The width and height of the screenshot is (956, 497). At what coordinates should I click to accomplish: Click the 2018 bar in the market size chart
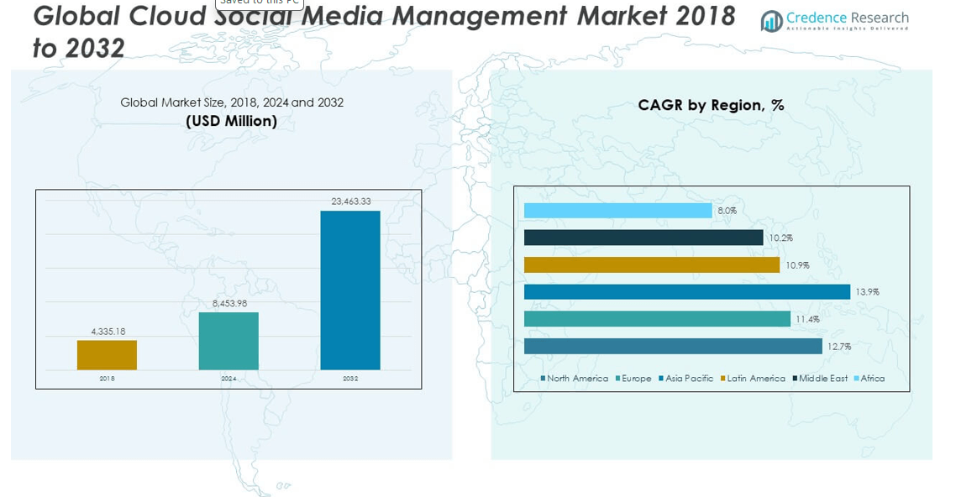(107, 354)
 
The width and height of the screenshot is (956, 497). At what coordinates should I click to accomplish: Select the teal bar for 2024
(228, 341)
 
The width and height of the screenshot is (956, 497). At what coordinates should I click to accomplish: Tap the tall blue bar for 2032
(350, 290)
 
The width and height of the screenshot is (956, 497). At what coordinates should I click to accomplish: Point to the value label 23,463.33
(351, 201)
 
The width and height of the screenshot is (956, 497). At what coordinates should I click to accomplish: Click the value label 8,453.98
(229, 303)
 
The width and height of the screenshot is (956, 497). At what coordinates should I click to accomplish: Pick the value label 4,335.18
(108, 332)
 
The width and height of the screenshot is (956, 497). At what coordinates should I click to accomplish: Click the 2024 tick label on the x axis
(228, 379)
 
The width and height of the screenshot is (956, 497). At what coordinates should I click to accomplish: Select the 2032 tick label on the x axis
(350, 379)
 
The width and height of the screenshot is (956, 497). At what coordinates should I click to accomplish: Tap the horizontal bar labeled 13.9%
(686, 292)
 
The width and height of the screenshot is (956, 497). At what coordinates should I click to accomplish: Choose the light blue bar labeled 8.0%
(617, 211)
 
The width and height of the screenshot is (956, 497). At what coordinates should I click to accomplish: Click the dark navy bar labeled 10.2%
(643, 238)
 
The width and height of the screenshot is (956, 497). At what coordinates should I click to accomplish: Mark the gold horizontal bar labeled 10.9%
(651, 265)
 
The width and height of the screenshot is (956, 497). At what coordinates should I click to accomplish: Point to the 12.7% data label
(839, 347)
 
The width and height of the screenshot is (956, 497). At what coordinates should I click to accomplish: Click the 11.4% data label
(807, 319)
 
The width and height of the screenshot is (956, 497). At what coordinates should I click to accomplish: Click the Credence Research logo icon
(771, 21)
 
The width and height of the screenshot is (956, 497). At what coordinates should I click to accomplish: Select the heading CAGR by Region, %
(711, 105)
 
